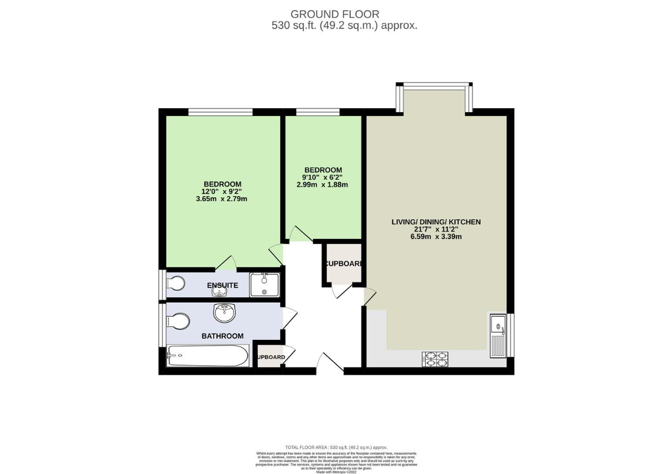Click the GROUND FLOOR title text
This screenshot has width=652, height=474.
click(x=334, y=14)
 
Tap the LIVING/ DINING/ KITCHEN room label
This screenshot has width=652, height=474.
click(x=436, y=222)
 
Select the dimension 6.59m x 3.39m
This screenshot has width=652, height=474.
click(x=436, y=237)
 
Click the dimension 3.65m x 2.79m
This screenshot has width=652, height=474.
click(x=222, y=199)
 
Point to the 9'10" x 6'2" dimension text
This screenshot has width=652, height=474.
click(x=323, y=178)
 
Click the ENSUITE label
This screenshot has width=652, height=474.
click(x=222, y=286)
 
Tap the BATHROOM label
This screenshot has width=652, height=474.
click(x=222, y=336)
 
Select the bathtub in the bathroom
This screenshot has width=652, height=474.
click(x=208, y=356)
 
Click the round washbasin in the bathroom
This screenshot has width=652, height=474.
click(x=225, y=312)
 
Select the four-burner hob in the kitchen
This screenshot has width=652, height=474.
click(x=435, y=359)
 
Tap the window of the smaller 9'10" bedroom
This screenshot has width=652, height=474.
click(x=318, y=112)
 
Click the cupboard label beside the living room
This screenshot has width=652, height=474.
click(x=343, y=264)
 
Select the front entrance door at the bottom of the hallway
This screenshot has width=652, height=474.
click(x=330, y=364)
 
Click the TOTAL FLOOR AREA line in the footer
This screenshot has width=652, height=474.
click(x=336, y=447)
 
